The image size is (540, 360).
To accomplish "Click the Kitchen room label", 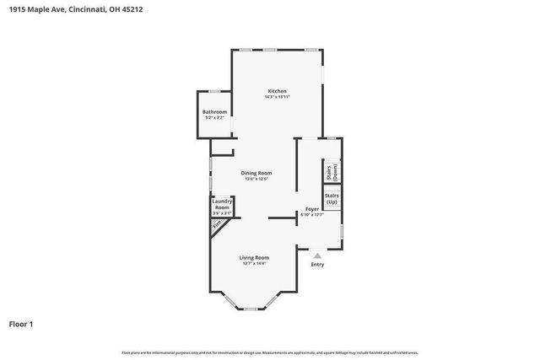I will (x=278, y=91).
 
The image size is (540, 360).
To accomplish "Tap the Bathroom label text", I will (x=214, y=112).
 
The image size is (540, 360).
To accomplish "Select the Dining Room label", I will (x=256, y=173).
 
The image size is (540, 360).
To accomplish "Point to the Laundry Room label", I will (x=222, y=204).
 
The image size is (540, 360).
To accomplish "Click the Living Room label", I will (x=254, y=257).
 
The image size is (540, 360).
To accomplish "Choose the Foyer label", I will (x=312, y=207).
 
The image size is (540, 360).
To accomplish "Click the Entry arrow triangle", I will (x=317, y=255).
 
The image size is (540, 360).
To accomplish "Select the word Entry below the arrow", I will (x=317, y=265).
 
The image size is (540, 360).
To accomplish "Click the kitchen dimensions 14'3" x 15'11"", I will (x=278, y=97).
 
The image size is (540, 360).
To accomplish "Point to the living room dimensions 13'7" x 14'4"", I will (x=254, y=264).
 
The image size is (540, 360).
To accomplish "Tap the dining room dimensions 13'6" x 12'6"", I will (x=256, y=179).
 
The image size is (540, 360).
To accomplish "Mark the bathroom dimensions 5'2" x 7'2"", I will (x=214, y=118).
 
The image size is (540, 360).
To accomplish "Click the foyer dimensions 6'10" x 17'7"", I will (x=312, y=214).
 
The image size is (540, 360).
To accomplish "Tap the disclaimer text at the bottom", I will (x=269, y=352).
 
